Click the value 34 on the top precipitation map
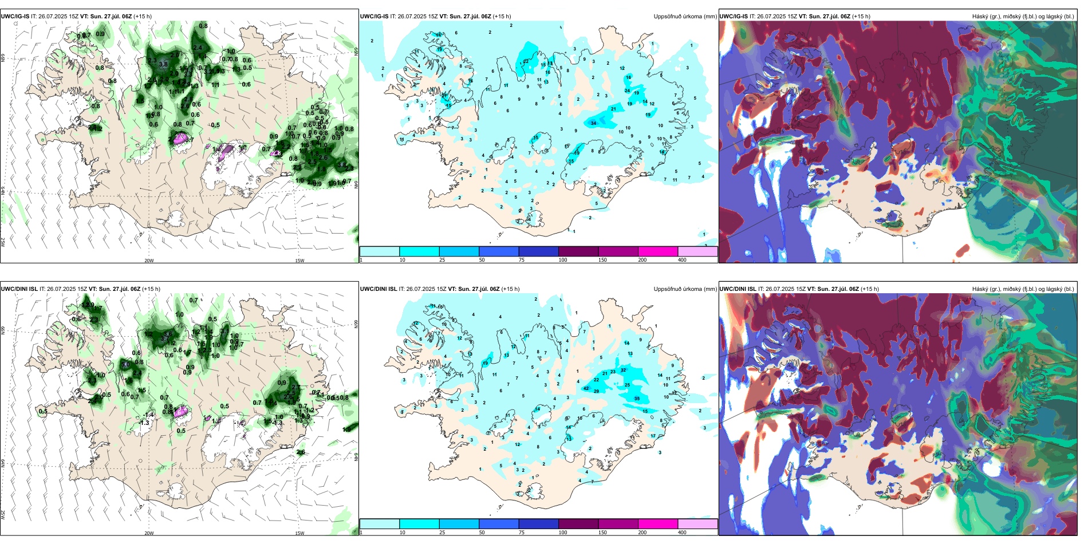coord(593,123)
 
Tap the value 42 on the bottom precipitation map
coord(586,388)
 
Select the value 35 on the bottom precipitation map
coord(637,399)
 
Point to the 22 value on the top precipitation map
coord(526,61)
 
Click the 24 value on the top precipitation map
coord(627,90)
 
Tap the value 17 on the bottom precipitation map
coord(653,436)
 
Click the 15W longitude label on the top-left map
coord(299,261)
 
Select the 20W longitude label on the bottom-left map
coord(149,533)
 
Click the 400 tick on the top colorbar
coord(682,260)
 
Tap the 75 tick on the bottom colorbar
coord(522,533)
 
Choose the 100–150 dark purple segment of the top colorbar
coord(578,251)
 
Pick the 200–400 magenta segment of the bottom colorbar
coord(658,524)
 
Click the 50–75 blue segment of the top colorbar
coord(499,251)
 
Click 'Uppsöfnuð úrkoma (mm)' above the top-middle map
coord(685,17)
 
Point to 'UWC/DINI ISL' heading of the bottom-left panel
coord(19,289)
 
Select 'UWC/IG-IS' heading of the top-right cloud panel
coord(734,17)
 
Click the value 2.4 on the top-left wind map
coord(198,48)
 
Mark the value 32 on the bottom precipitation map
coord(624,370)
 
